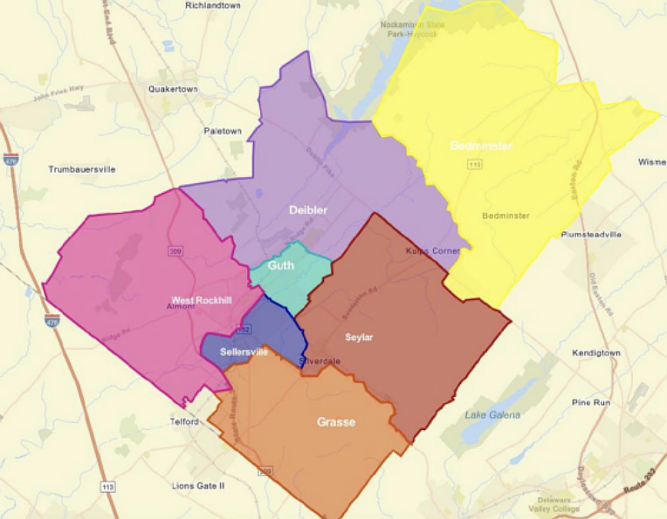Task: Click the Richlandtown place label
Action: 213,5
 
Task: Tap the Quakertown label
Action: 173,89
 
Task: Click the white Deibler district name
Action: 308,210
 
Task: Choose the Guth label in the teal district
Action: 280,266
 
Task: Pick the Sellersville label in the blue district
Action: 244,352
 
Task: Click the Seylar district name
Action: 359,338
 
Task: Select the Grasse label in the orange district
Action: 335,422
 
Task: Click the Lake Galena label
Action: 492,414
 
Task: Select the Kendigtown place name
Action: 596,353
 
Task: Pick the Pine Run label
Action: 591,403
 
